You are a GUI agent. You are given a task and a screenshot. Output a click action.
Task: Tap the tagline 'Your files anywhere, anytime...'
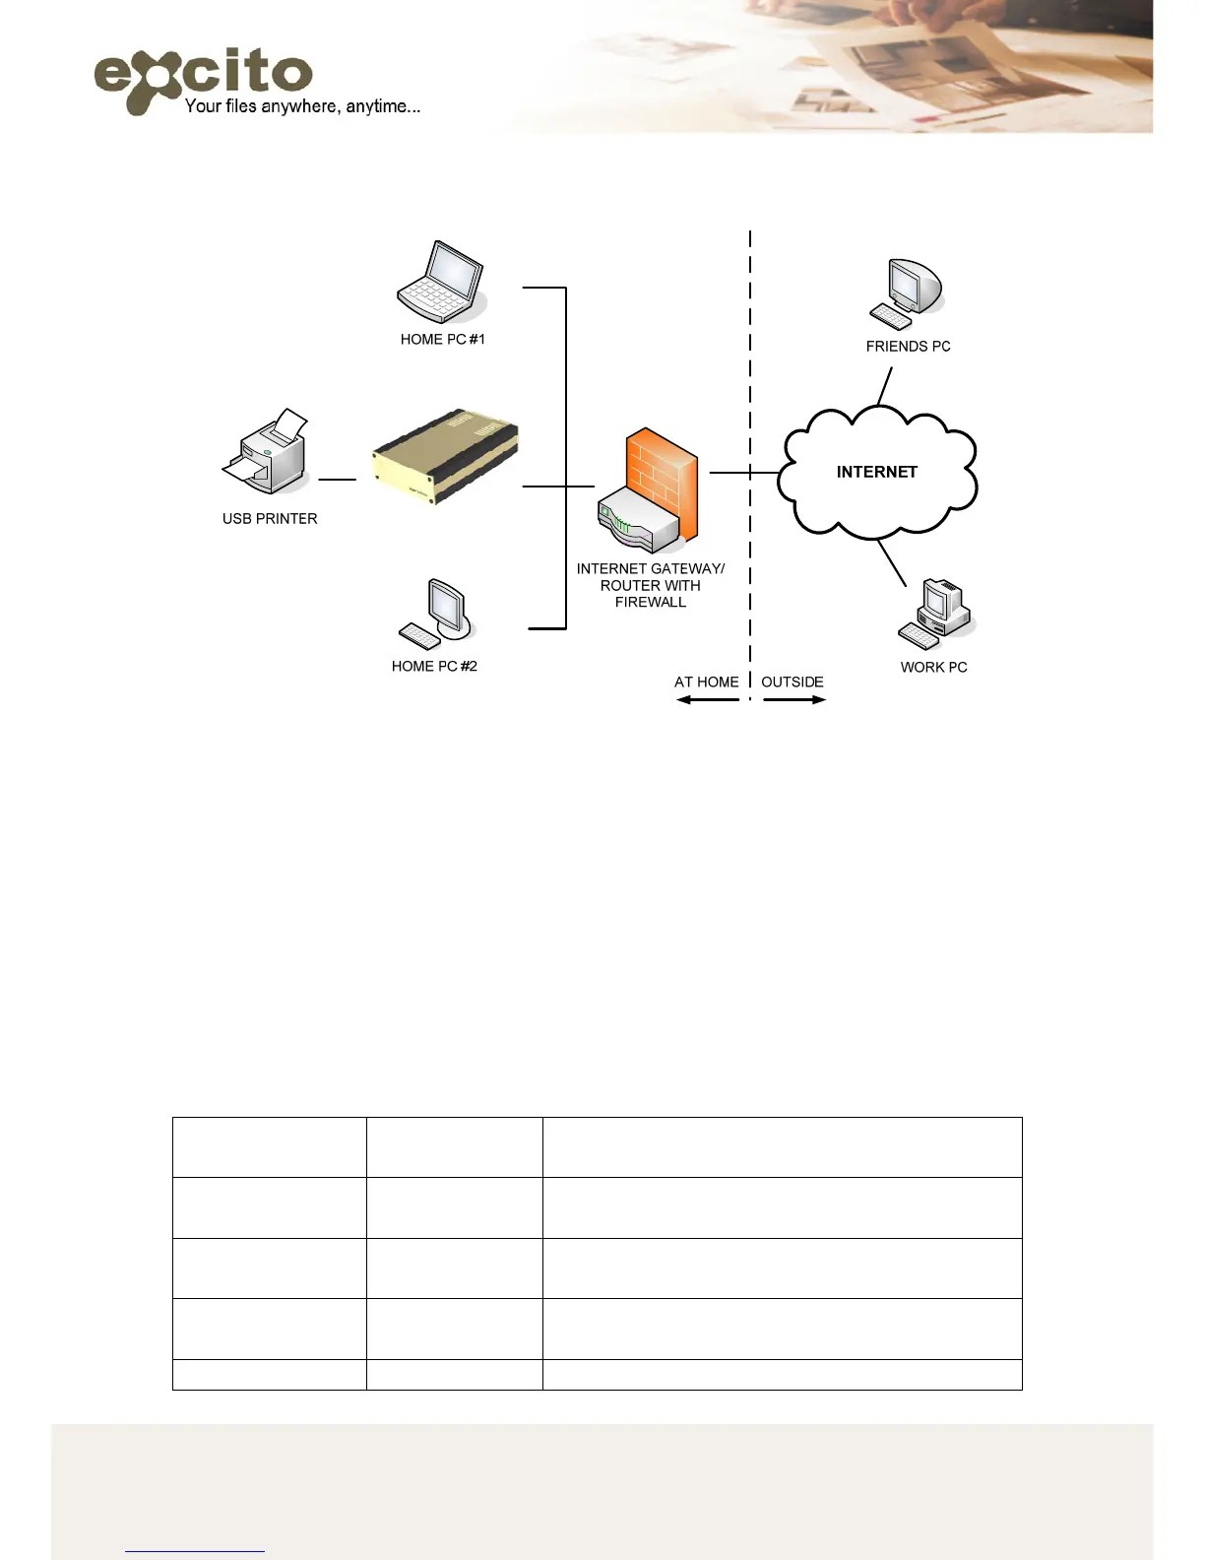(x=302, y=106)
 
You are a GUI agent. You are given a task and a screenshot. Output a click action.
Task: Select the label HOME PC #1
(x=442, y=340)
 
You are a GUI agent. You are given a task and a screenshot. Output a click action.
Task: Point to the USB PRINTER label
(x=270, y=519)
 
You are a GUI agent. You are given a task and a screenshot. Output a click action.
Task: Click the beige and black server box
(x=445, y=457)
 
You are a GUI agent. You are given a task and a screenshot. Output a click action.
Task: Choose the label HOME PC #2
(x=434, y=667)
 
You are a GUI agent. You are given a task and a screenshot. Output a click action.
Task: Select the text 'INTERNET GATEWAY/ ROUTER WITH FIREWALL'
(x=651, y=585)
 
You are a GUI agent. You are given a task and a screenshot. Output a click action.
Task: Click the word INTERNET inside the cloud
(x=876, y=473)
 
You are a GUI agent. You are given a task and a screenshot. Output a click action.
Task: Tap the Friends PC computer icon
(x=906, y=293)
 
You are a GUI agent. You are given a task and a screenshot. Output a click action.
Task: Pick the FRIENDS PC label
(x=908, y=347)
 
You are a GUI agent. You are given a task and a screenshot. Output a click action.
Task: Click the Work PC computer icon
(x=935, y=614)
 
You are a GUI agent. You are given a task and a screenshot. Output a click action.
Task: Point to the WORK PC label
(x=933, y=668)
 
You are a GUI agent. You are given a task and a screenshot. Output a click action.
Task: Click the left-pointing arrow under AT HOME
(x=707, y=699)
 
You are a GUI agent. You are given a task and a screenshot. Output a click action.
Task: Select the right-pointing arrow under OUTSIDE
(x=794, y=699)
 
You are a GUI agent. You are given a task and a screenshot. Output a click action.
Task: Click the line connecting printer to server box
(x=338, y=480)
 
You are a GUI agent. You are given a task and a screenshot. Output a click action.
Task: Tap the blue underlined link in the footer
(x=195, y=1550)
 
